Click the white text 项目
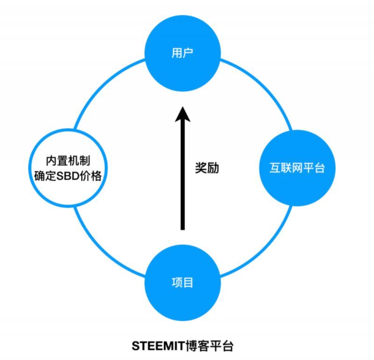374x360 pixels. pos(183,282)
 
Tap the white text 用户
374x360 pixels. pos(183,54)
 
